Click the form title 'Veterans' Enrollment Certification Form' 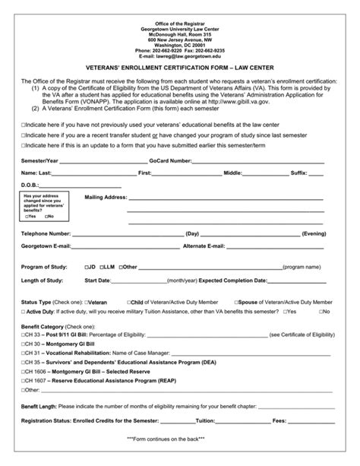pos(179,67)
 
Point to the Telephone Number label pos(46,233)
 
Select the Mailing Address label pos(106,197)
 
